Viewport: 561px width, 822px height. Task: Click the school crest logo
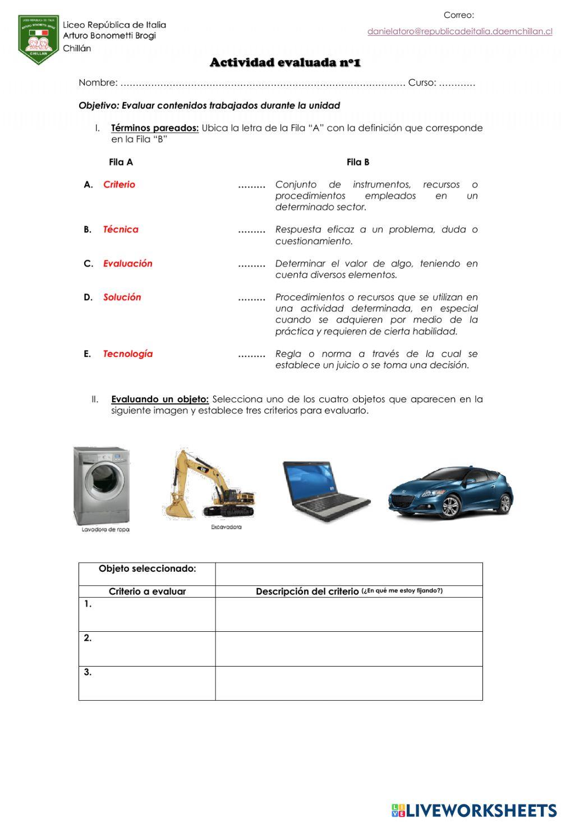click(38, 39)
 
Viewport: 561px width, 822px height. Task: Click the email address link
click(459, 31)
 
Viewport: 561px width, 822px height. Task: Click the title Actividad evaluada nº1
click(285, 62)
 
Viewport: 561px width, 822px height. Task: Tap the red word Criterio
click(119, 185)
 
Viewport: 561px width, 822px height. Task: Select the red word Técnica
click(120, 229)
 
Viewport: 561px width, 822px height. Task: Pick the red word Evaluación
click(127, 264)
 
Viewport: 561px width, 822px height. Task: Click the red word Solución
click(122, 297)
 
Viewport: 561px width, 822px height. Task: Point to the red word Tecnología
click(127, 354)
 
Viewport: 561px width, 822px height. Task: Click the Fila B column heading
click(357, 162)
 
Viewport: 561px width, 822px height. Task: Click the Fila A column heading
click(121, 162)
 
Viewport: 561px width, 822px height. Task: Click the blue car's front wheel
click(450, 507)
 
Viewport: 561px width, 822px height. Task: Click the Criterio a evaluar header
click(147, 591)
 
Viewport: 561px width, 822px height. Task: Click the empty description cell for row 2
click(348, 649)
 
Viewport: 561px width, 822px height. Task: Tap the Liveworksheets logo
click(473, 810)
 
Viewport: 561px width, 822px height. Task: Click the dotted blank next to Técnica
click(251, 230)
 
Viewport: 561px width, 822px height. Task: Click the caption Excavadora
click(226, 527)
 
